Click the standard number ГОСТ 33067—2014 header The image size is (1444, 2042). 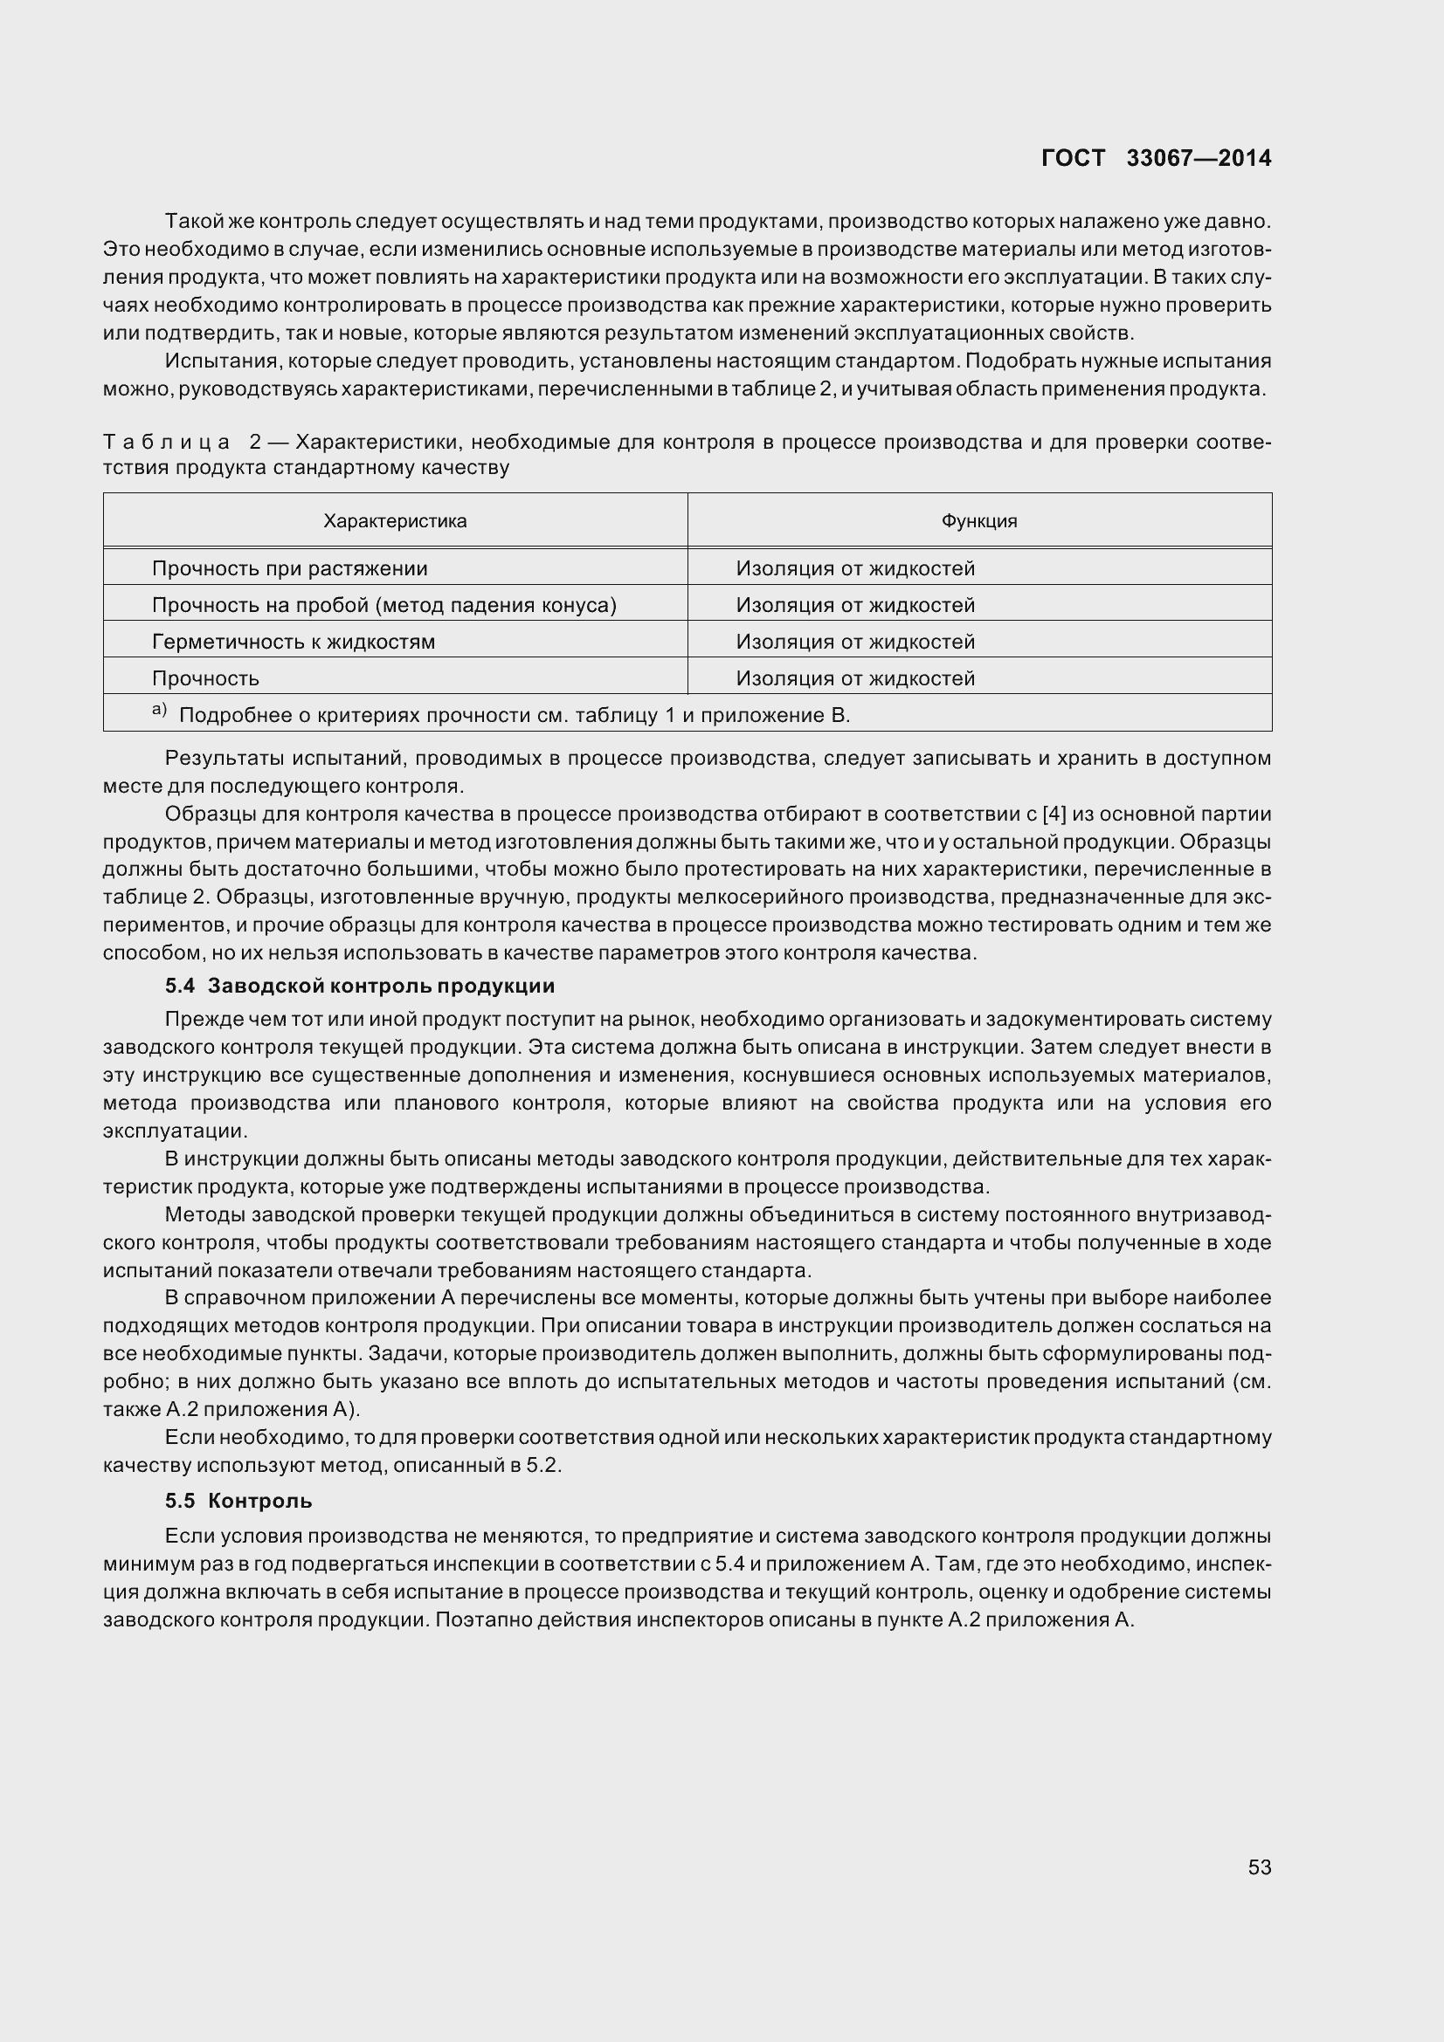(x=1156, y=158)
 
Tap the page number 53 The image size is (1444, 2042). (x=1259, y=1867)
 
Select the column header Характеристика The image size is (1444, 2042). (x=395, y=521)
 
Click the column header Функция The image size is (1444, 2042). (x=978, y=521)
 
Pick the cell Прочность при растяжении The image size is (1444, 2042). (x=290, y=568)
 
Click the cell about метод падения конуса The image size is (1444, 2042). (x=384, y=605)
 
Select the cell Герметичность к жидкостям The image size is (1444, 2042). (x=294, y=642)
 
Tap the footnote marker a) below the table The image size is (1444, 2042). (x=159, y=710)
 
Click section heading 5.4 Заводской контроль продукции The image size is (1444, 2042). (x=359, y=986)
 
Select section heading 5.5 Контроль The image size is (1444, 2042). (x=238, y=1501)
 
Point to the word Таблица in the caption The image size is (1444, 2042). (x=166, y=442)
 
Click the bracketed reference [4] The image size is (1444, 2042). (x=1054, y=814)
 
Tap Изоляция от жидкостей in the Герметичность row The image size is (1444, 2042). (x=855, y=642)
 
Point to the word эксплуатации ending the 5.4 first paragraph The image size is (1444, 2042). (x=175, y=1131)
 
